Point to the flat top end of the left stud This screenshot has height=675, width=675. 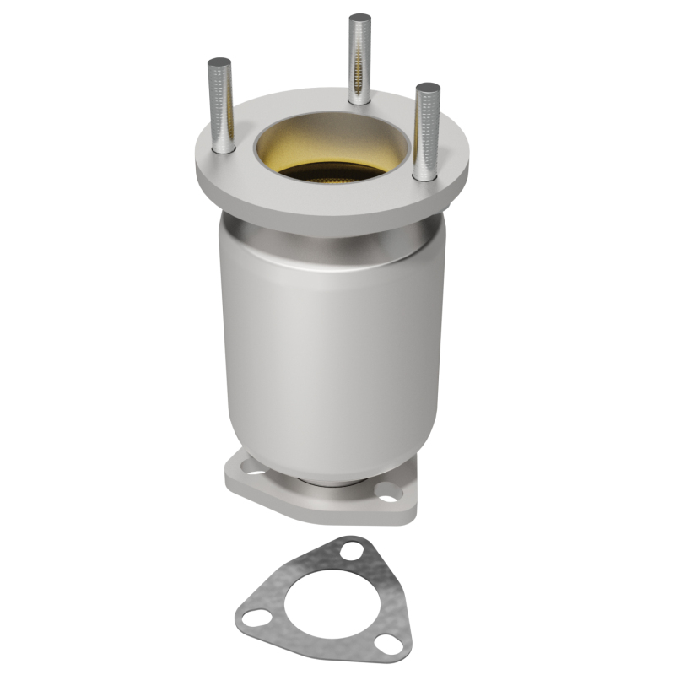pyautogui.click(x=220, y=62)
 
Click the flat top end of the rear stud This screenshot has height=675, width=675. pyautogui.click(x=360, y=18)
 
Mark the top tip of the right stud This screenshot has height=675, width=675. pyautogui.click(x=428, y=87)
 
